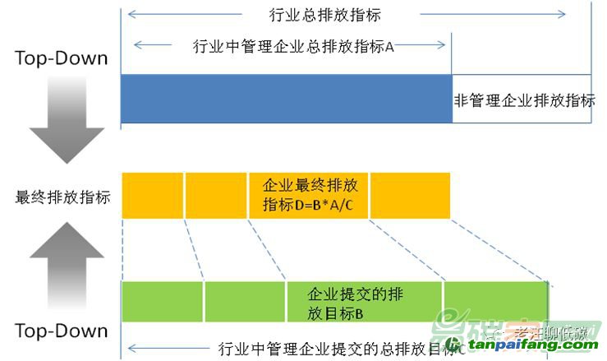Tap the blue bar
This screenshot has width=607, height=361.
tap(286, 100)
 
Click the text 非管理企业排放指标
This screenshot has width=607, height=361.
tap(524, 100)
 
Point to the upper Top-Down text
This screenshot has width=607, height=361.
tap(62, 58)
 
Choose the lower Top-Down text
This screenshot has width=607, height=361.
tap(62, 331)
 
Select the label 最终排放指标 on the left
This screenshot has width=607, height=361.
tap(62, 197)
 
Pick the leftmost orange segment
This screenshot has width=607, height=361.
tap(152, 196)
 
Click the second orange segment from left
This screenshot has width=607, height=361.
tap(216, 196)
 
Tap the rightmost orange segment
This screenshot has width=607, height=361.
tap(410, 196)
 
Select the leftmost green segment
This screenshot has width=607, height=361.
tap(162, 302)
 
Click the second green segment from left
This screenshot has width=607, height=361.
tap(245, 302)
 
